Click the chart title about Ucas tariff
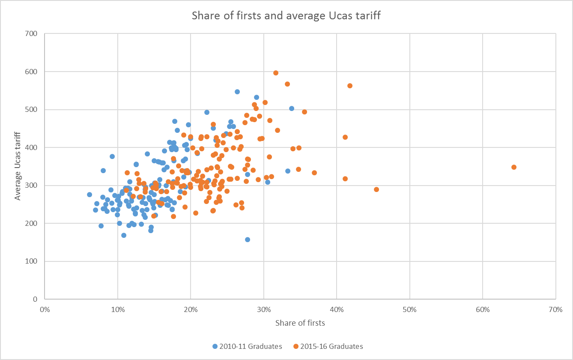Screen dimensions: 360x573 [x=286, y=16]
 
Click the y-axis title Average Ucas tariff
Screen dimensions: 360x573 [x=18, y=166]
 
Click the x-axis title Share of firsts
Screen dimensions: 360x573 [x=300, y=323]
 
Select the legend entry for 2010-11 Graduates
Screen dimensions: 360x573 [x=247, y=346]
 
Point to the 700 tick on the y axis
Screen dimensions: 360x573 [x=32, y=34]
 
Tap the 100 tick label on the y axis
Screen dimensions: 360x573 [x=32, y=261]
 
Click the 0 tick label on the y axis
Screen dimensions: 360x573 [x=35, y=299]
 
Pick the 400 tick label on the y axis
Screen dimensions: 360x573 [x=32, y=147]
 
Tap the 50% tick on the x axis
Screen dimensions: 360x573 [x=410, y=310]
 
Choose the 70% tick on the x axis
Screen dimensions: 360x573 [x=555, y=310]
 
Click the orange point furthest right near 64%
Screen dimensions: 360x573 [x=514, y=167]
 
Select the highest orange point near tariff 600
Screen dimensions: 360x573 [x=276, y=73]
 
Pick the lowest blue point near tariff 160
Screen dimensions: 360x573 [x=248, y=240]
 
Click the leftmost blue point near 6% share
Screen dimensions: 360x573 [x=90, y=195]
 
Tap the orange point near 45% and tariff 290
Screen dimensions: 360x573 [x=376, y=189]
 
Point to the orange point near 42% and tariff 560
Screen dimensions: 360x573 [x=350, y=86]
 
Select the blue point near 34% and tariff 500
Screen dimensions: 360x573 [x=292, y=108]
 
